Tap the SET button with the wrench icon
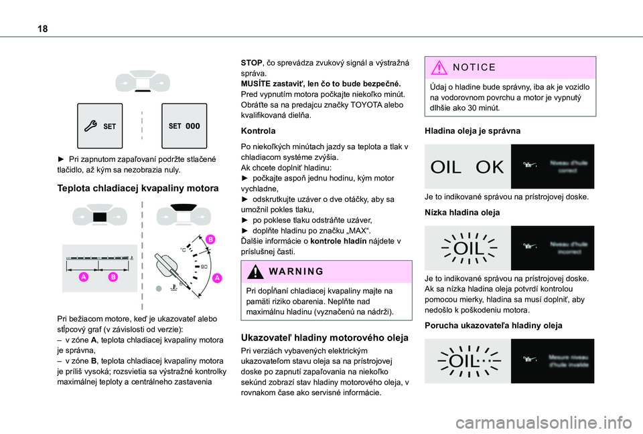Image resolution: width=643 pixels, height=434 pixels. (100, 126)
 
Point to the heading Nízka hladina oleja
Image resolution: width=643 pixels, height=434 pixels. (462, 211)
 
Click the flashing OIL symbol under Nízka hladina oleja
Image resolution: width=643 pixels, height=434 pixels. (468, 248)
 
